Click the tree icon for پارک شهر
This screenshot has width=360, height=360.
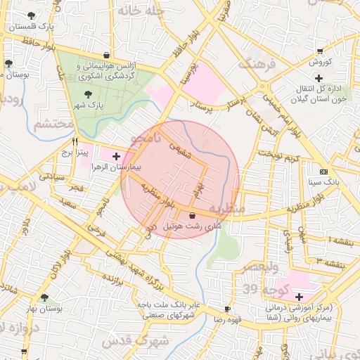point(87,94)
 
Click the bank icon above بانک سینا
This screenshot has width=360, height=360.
point(323,172)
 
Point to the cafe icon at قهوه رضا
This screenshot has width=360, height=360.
point(226,309)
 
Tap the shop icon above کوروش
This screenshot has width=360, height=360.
point(321,50)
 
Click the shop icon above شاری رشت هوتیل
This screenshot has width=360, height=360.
point(193,215)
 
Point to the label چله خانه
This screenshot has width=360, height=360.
point(141,11)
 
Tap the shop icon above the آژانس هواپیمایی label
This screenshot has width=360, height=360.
point(105,55)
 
